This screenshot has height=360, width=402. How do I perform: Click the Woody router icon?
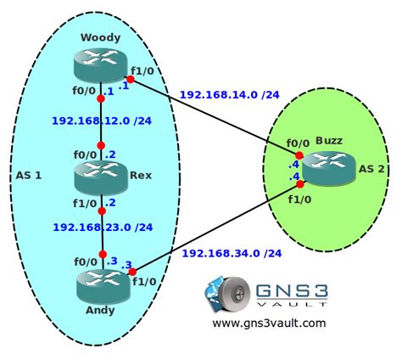[x=101, y=63]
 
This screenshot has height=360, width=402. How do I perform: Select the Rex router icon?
[x=101, y=177]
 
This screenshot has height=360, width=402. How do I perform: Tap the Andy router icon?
[x=101, y=284]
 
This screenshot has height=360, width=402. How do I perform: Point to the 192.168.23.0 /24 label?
[x=103, y=227]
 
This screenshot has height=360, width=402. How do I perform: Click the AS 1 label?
[x=29, y=177]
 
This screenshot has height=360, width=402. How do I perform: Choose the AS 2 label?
[x=371, y=169]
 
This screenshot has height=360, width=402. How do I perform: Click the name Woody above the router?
[x=101, y=37]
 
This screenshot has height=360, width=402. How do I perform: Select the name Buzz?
[x=328, y=139]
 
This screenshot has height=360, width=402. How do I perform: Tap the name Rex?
[x=141, y=175]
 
